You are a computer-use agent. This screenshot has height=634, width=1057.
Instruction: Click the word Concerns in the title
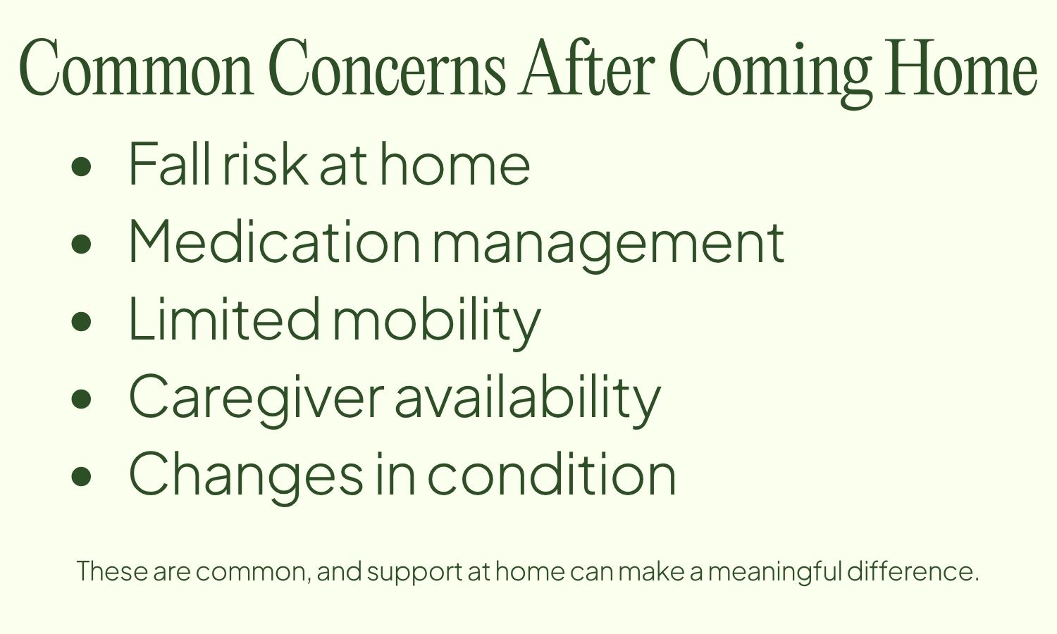[x=388, y=69]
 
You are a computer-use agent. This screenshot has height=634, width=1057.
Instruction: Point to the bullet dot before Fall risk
[x=82, y=166]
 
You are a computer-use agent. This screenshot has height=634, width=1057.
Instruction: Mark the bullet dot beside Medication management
[x=82, y=244]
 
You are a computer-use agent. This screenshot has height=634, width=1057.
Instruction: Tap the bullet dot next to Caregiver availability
[x=82, y=399]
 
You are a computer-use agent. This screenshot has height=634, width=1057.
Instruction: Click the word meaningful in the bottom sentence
[x=774, y=571]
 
